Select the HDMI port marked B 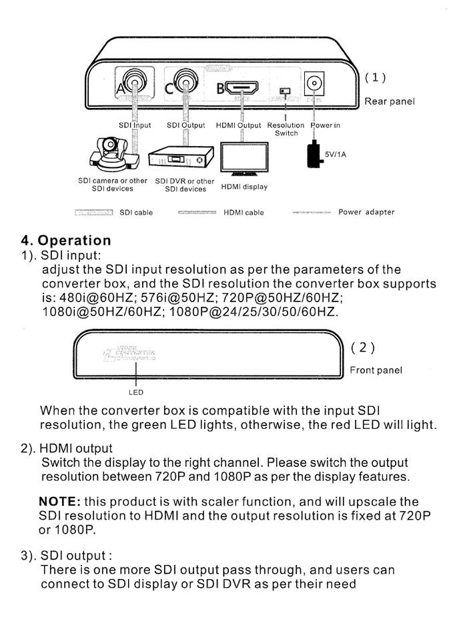242,87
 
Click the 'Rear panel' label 389,101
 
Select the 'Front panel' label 376,370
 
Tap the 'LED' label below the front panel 136,392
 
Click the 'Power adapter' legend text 366,212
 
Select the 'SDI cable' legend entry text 136,213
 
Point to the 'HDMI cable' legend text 244,213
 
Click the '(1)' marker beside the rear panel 375,77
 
